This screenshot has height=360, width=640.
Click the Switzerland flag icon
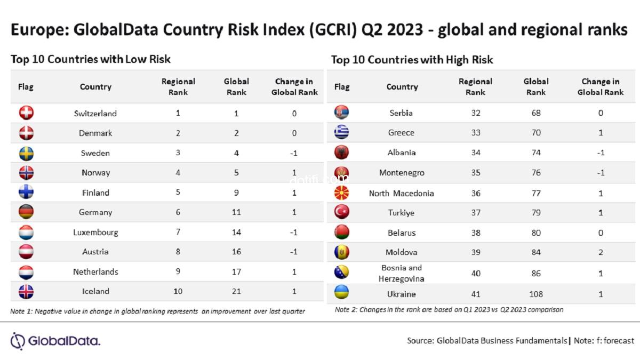coord(26,113)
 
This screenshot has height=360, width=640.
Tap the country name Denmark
coord(95,133)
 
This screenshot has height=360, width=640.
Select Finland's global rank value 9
coord(236,193)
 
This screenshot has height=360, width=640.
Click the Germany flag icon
coord(26,212)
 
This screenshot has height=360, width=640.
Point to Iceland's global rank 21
coord(236,291)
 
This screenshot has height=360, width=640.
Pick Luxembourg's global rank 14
coord(236,232)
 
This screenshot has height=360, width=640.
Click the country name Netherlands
coord(95,271)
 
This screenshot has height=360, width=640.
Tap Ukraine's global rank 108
coord(536,294)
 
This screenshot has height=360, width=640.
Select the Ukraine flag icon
coord(341,293)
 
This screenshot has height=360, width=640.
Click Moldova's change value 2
coord(601,252)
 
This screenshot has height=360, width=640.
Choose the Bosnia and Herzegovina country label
coord(401,273)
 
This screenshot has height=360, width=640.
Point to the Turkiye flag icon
coord(341,212)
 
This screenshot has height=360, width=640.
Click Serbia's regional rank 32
coord(476,113)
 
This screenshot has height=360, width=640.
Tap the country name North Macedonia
coord(401,193)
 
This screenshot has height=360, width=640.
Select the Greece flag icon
coord(341,132)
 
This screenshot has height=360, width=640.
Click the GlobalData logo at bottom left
coord(55,341)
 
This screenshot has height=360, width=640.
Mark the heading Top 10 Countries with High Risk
coord(412,60)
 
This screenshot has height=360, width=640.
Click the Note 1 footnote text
coord(158,311)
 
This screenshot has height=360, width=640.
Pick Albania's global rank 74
coord(536,153)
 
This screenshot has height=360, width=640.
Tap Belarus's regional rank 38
coord(476,233)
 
